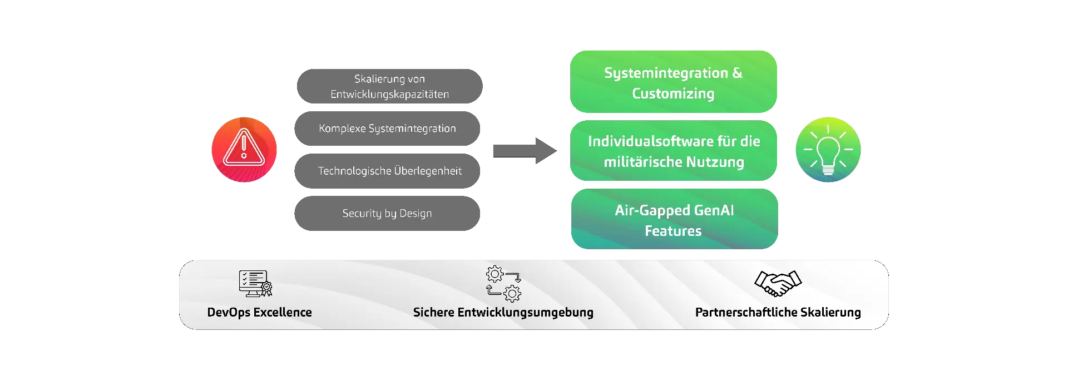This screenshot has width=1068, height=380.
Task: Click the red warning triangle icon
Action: tap(244, 149)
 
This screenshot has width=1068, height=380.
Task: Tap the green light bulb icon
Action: tap(828, 149)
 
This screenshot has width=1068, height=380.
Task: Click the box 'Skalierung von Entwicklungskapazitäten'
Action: tap(389, 86)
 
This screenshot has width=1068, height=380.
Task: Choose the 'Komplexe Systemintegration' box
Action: tap(387, 129)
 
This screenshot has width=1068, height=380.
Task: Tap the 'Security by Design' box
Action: tap(387, 214)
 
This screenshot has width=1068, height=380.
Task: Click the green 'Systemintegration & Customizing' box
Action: tap(674, 82)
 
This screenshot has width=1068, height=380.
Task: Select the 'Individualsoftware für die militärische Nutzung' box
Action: tap(674, 151)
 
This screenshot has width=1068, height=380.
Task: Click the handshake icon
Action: tap(778, 283)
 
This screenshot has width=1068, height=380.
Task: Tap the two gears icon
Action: tap(503, 284)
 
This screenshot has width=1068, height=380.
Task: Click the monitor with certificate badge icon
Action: tap(255, 283)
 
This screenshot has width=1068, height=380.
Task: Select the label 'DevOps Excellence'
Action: tap(259, 313)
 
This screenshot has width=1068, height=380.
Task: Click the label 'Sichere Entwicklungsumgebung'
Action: tap(503, 313)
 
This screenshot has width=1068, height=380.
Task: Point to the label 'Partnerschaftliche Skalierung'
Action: tap(778, 313)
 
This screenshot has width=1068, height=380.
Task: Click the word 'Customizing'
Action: tap(673, 93)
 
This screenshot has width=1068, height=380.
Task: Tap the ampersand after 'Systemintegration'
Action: tap(737, 73)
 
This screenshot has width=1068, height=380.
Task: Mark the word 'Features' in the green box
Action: tap(673, 231)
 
